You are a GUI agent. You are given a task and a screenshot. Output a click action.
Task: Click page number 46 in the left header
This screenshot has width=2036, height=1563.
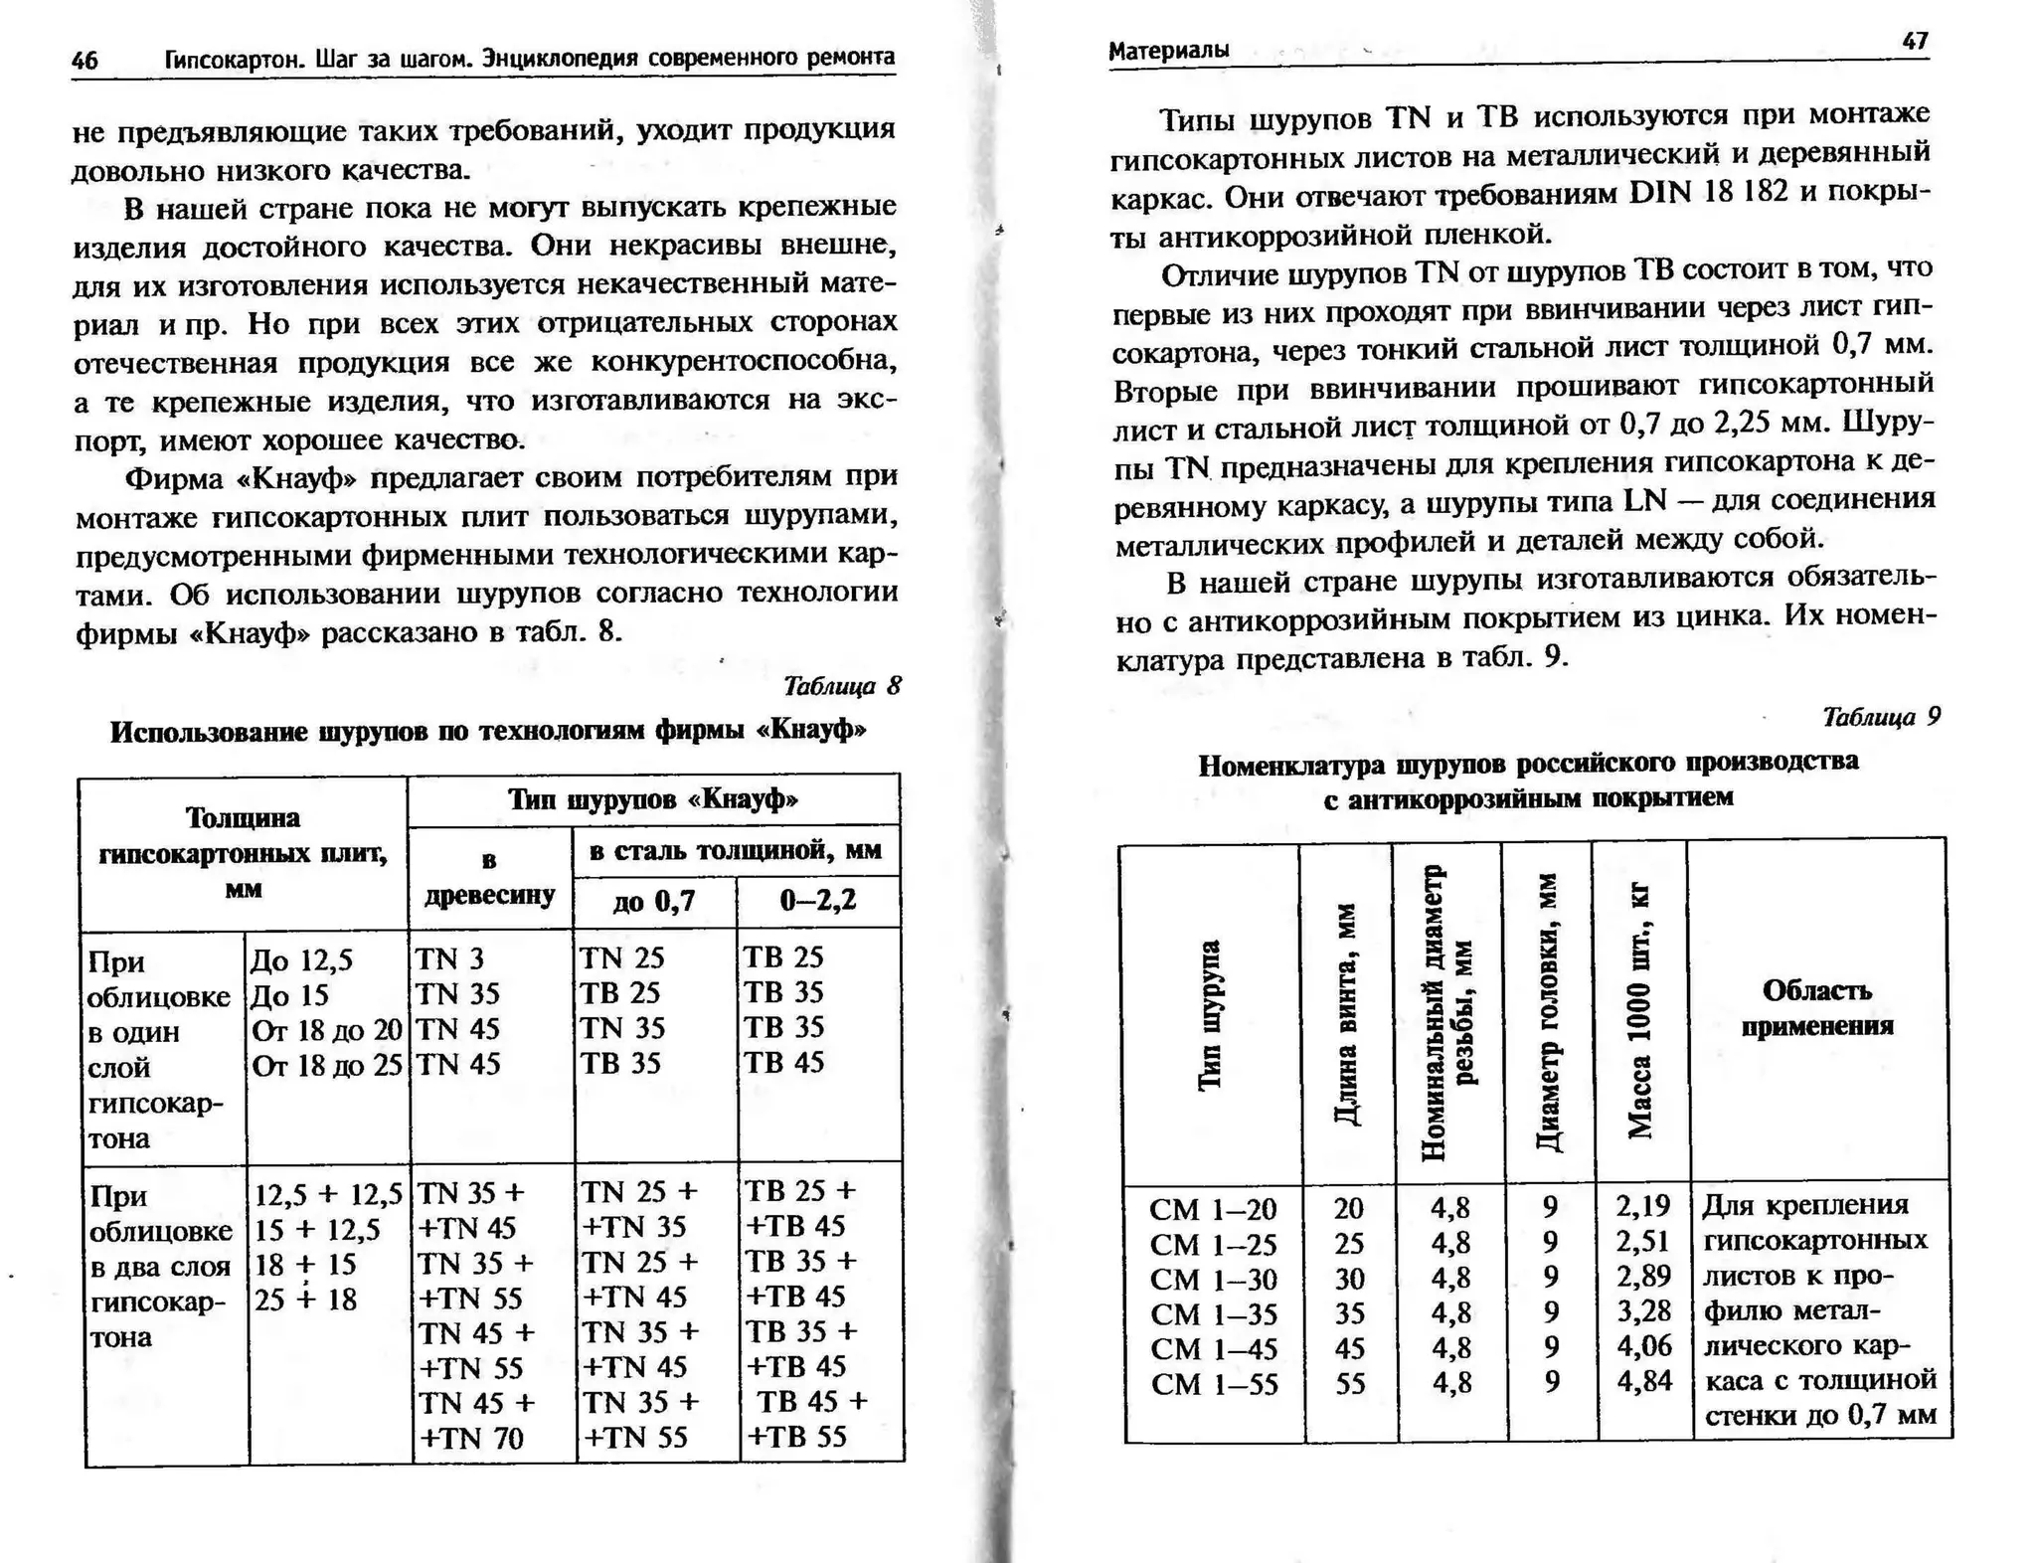pyautogui.click(x=85, y=61)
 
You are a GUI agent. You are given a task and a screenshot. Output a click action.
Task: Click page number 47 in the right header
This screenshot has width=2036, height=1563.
pyautogui.click(x=1915, y=41)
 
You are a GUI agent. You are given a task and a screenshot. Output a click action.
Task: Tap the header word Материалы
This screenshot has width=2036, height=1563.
pyautogui.click(x=1168, y=50)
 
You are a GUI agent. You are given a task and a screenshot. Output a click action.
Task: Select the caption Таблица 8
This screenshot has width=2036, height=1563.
pyautogui.click(x=841, y=686)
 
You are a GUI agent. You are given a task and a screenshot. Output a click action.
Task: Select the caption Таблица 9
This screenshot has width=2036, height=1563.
pyautogui.click(x=1881, y=717)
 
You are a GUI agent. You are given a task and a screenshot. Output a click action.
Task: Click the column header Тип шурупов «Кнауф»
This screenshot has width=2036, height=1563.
pyautogui.click(x=653, y=799)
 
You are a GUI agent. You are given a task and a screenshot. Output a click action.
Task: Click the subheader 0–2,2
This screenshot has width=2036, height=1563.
pyautogui.click(x=817, y=901)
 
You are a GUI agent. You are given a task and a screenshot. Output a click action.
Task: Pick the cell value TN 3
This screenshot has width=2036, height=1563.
pyautogui.click(x=448, y=958)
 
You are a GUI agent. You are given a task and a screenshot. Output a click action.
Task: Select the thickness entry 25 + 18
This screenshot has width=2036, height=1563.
pyautogui.click(x=305, y=1300)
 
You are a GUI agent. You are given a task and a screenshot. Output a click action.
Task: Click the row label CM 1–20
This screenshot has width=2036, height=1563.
pyautogui.click(x=1212, y=1209)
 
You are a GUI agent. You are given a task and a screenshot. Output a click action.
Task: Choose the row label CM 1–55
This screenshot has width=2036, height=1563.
pyautogui.click(x=1214, y=1384)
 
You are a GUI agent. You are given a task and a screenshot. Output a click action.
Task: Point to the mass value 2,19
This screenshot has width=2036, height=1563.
pyautogui.click(x=1642, y=1206)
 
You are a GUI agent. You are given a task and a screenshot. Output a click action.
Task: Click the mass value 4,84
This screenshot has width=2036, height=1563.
pyautogui.click(x=1643, y=1381)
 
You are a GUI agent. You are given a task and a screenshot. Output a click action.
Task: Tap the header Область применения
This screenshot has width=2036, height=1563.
pyautogui.click(x=1816, y=1007)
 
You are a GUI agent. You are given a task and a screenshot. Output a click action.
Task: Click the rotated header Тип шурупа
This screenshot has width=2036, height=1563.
pyautogui.click(x=1210, y=1014)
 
